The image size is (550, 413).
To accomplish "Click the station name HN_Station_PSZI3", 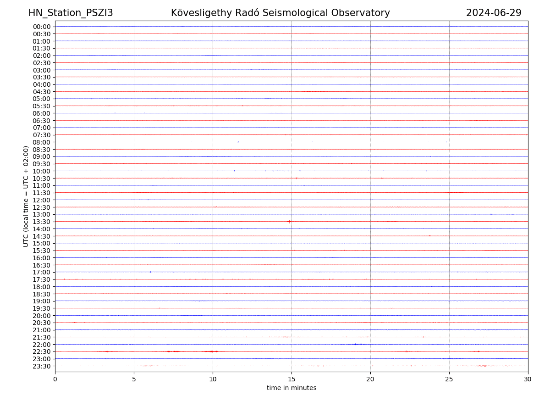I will [x=71, y=13].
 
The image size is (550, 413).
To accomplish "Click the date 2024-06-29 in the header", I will [x=494, y=13].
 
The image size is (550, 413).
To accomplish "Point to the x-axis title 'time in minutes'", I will [x=291, y=388].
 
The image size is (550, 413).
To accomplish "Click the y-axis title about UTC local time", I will [x=26, y=196].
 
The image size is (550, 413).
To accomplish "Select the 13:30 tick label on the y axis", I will [x=41, y=222].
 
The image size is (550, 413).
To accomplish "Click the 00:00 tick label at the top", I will [x=41, y=27].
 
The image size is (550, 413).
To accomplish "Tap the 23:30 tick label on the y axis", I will [x=41, y=366].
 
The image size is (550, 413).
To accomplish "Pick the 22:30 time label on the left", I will [x=41, y=352].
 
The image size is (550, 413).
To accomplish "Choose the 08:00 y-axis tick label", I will [x=41, y=142].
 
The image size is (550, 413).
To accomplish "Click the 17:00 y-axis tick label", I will [x=41, y=272].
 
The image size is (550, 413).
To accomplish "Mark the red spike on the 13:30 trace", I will [x=289, y=222].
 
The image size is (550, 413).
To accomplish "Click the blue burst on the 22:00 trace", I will [x=357, y=344].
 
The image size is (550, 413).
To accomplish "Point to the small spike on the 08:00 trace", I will [x=238, y=142].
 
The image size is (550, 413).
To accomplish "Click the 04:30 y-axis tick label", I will [x=41, y=91].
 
